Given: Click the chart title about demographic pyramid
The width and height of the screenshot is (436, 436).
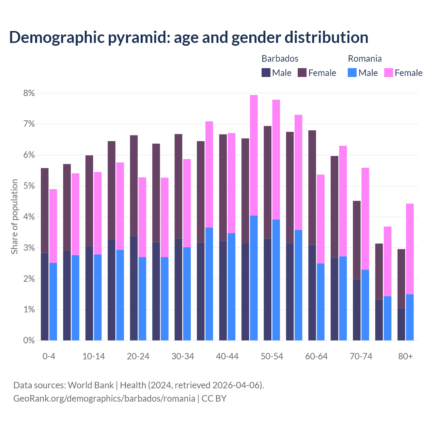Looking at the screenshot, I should coord(188,37).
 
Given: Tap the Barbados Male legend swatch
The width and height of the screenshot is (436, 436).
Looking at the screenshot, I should coord(266,73).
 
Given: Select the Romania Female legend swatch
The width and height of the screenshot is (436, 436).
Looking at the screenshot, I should coord(388,73).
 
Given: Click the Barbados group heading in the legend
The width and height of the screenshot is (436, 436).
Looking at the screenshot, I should coord(280,59).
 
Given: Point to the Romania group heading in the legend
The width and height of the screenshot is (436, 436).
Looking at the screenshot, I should coord(364,59).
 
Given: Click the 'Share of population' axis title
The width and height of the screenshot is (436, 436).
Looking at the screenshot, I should coord(14,217).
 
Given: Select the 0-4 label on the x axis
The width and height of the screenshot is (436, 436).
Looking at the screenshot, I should coord(49,357).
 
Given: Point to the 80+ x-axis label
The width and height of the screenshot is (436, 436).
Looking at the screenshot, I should coord(405,357).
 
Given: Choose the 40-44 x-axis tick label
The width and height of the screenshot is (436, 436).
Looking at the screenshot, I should coord(227,357).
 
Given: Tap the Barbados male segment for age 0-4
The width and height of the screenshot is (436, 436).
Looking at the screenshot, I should coord(45,296).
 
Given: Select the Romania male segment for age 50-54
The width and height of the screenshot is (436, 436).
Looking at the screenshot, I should coord(276,279).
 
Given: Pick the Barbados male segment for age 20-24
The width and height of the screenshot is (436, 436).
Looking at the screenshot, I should coord(134,288).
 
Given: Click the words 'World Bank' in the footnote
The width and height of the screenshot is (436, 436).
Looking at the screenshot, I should coord(91,385).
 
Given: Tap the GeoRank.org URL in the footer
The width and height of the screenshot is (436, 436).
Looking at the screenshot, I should coord(104,399).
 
